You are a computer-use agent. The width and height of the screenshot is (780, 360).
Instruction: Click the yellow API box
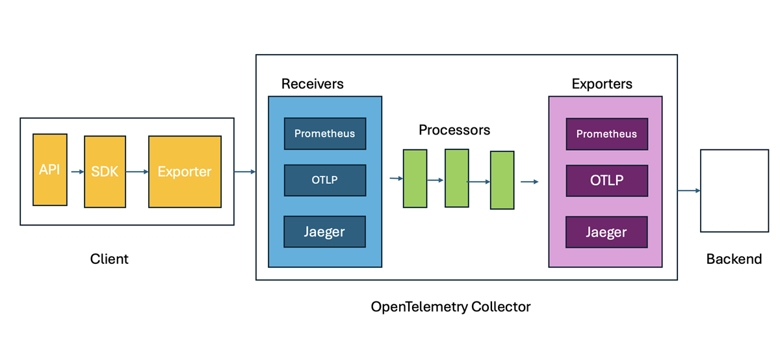click(49, 170)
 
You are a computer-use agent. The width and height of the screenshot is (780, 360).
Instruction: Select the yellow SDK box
click(105, 172)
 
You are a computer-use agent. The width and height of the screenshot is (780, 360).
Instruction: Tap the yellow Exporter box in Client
click(185, 172)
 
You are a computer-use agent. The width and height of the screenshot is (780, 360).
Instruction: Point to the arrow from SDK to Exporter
click(136, 172)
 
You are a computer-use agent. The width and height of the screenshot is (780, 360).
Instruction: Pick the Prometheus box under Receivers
click(324, 134)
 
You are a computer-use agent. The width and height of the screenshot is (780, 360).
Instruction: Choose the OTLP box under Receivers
click(324, 180)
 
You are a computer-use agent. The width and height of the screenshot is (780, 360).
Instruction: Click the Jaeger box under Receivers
click(324, 231)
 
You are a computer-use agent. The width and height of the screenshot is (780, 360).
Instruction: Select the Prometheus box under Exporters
click(606, 134)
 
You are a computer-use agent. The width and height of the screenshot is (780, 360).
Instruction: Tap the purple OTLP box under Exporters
click(606, 181)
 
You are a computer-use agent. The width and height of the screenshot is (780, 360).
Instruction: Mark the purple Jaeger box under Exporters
click(606, 232)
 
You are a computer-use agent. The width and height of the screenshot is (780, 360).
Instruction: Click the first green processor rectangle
click(415, 178)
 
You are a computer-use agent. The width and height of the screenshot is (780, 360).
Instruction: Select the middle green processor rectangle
click(456, 177)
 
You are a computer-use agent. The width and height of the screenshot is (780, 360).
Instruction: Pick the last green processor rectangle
click(502, 180)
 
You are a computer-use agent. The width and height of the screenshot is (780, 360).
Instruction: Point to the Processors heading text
click(454, 130)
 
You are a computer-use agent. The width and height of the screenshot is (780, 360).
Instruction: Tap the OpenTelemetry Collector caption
click(450, 307)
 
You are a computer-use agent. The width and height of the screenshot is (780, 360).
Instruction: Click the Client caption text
click(109, 259)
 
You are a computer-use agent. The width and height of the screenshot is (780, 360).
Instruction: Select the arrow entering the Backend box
click(688, 190)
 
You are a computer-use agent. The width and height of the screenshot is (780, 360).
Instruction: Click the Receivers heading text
click(312, 84)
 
